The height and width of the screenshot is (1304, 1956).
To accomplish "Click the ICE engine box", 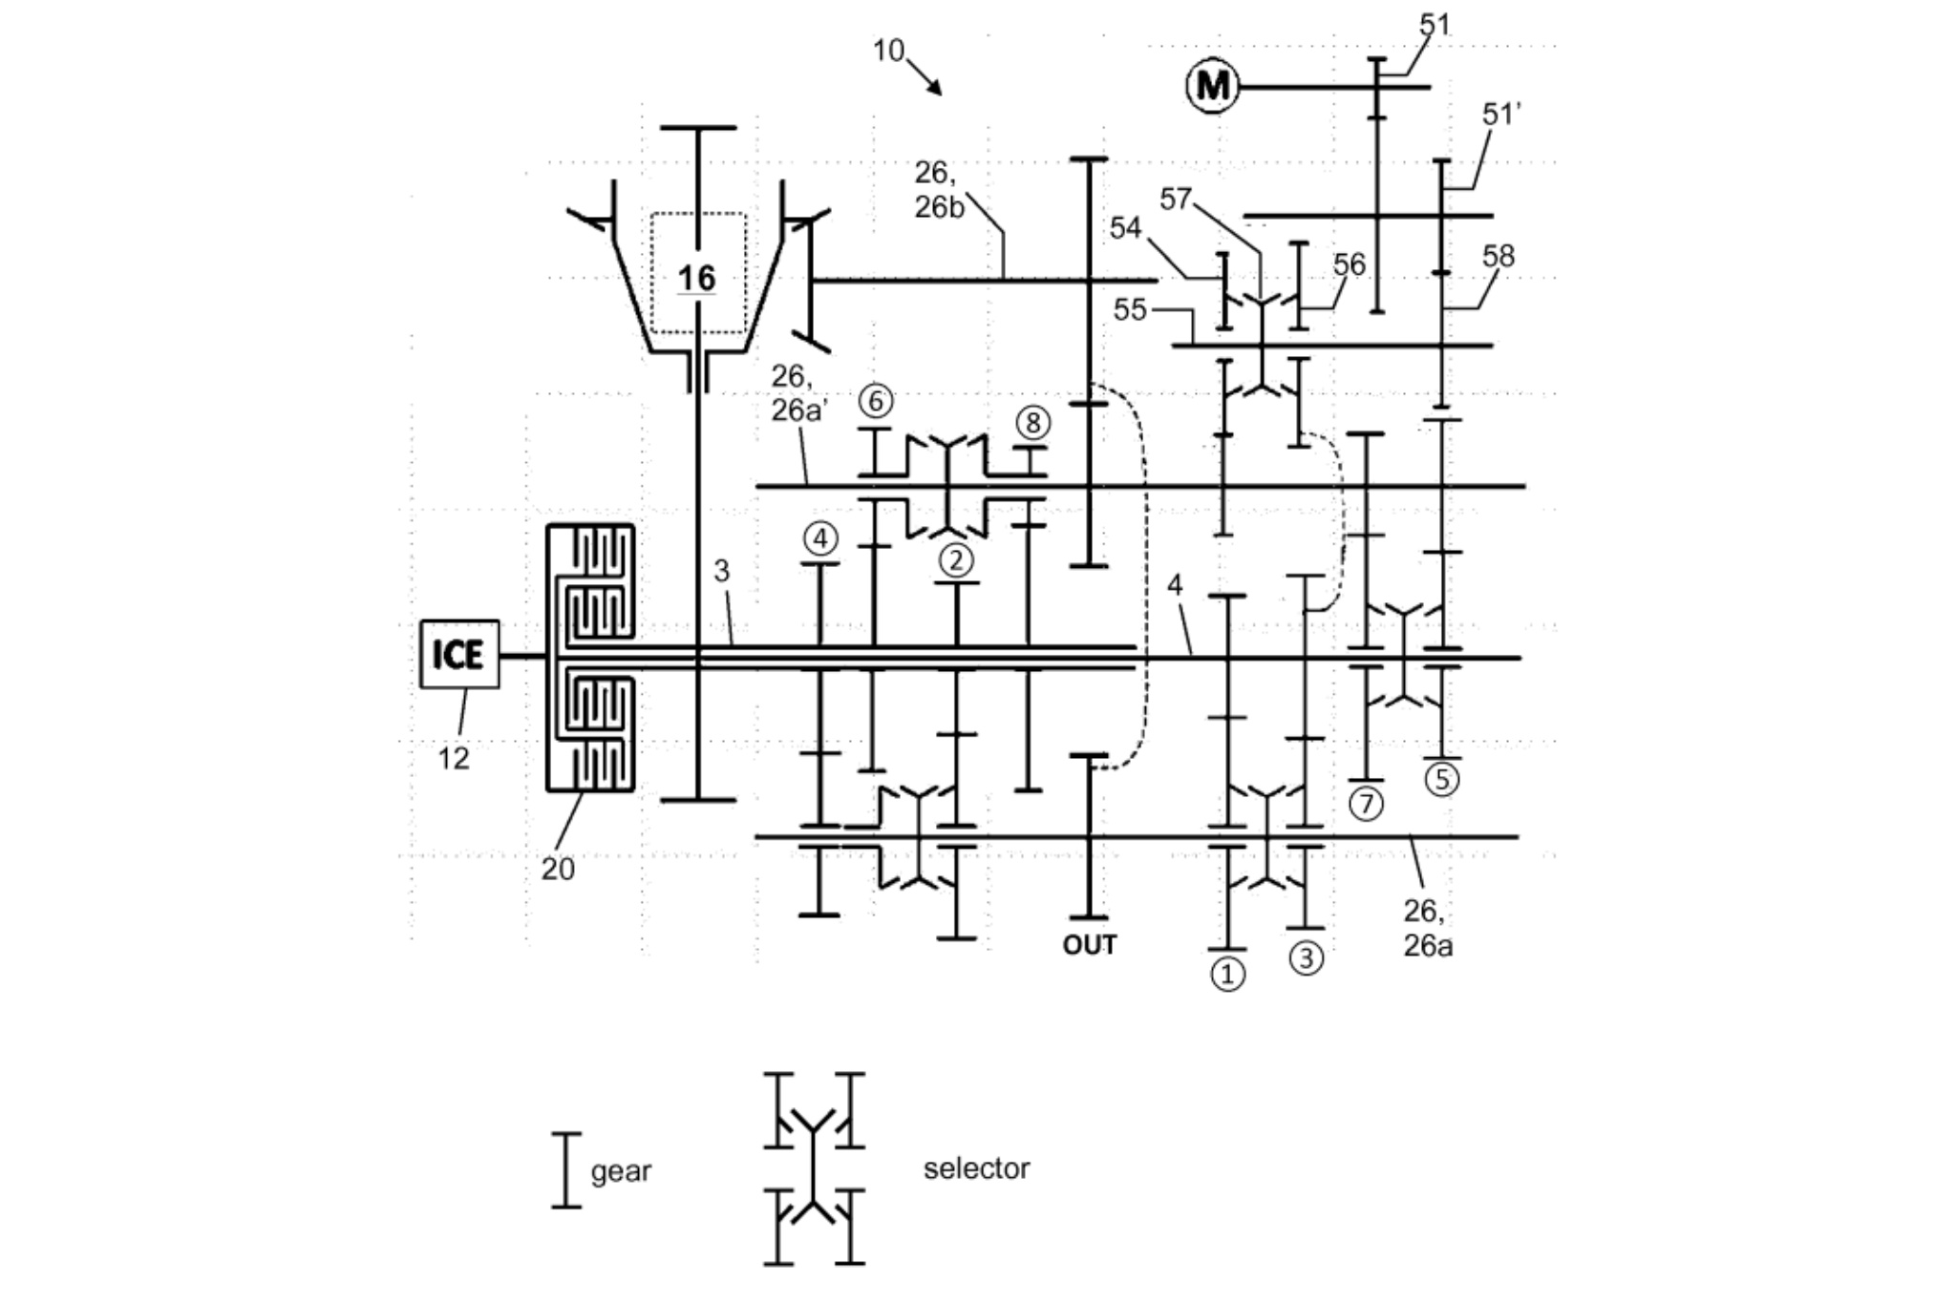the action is [459, 654].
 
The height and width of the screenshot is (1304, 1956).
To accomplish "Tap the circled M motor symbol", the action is [1213, 87].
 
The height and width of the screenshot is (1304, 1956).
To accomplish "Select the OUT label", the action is [1089, 945].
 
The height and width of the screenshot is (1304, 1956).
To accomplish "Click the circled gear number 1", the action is [1227, 974].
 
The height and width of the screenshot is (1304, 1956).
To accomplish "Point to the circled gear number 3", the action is [1307, 957].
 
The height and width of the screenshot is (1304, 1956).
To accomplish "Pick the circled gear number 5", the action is [1442, 779].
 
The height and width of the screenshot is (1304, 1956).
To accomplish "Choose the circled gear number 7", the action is [1366, 804].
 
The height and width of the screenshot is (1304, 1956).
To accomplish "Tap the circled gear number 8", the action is [1031, 422].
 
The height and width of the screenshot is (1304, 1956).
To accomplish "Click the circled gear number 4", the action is [819, 538].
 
